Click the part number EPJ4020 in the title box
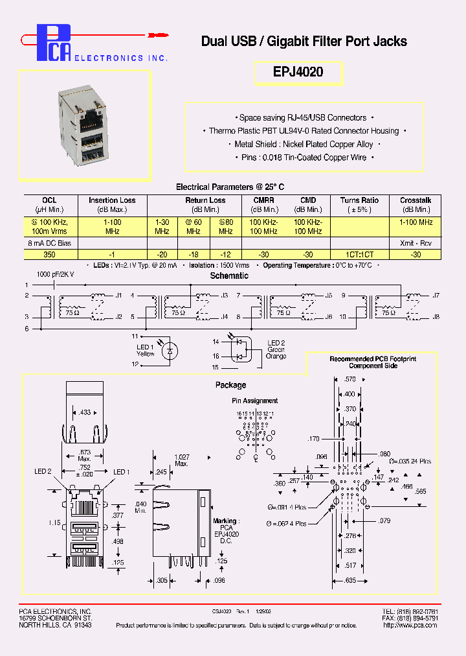pos(298,73)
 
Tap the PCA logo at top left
pos(54,43)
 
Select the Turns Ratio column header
pos(359,200)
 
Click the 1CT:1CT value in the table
pos(359,255)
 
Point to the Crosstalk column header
pos(416,200)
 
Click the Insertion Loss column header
pos(112,200)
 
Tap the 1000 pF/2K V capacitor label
pos(59,275)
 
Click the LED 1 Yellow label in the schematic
pos(145,350)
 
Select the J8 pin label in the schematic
pos(436,316)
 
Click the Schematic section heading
pos(229,275)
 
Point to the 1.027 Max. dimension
pos(182,461)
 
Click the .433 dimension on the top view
pos(85,412)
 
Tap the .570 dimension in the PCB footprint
pos(350,379)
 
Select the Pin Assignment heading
pos(254,401)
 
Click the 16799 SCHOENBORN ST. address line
pos(54,618)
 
